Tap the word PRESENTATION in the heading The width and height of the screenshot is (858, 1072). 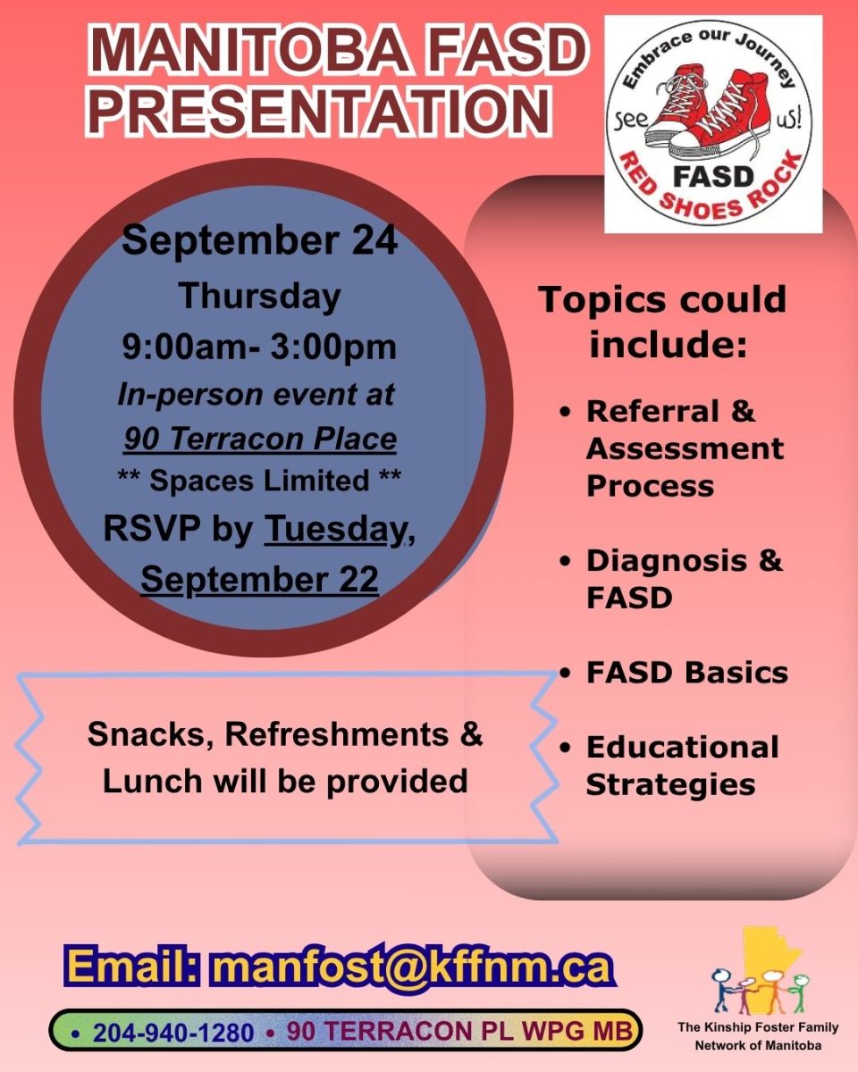coord(322,111)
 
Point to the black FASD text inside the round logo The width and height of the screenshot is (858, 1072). coord(713,176)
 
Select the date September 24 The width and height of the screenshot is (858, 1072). coord(260,240)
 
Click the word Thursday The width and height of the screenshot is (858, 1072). coord(260,297)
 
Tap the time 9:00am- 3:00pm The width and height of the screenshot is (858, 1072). coord(260,347)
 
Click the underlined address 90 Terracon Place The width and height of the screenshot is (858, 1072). coord(260,439)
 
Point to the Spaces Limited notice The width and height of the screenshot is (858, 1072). coord(259,481)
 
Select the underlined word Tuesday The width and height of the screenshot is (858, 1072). coord(335,529)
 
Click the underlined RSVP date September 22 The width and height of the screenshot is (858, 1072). coord(260,580)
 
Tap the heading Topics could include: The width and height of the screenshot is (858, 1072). coord(662,322)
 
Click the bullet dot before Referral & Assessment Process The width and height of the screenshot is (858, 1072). coord(565,413)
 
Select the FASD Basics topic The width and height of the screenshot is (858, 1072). coord(687,673)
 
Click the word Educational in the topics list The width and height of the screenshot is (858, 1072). coord(683,747)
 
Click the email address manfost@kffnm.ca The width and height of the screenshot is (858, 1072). coord(411,967)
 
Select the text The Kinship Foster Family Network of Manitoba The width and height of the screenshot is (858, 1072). coord(758,1036)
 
